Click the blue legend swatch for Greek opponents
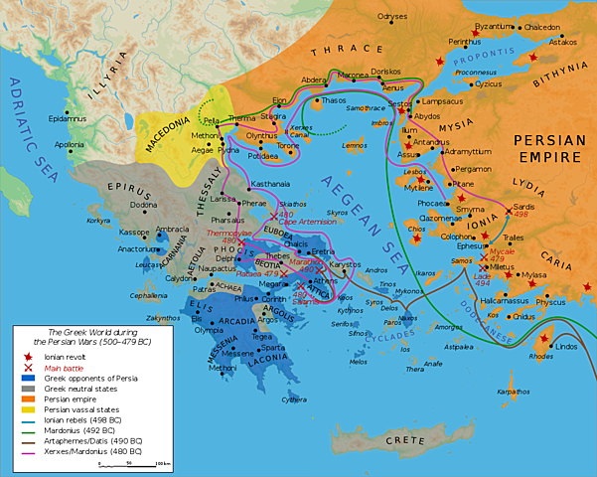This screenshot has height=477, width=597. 21,378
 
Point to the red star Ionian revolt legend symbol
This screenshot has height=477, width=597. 21,358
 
